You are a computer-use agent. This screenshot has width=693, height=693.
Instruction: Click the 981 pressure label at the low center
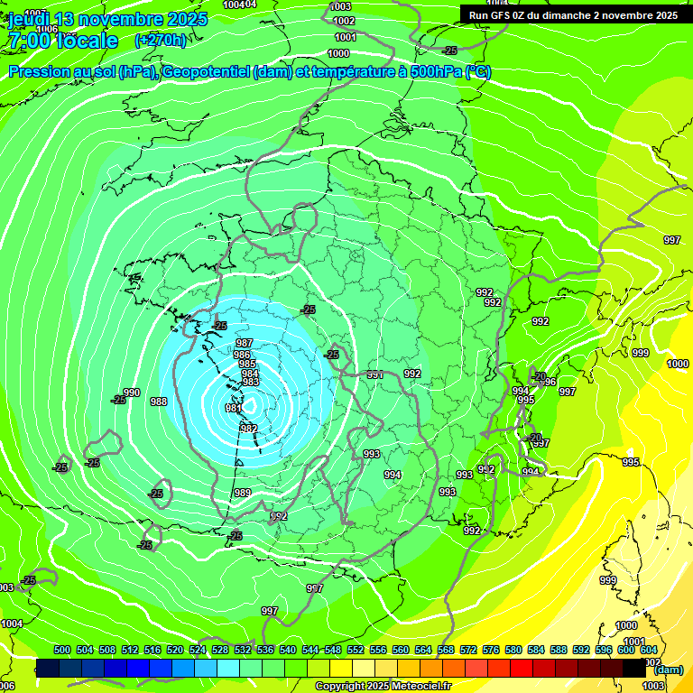click(x=232, y=409)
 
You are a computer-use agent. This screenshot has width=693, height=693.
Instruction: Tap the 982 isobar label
click(x=249, y=429)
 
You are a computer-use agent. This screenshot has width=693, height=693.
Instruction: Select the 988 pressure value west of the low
click(x=159, y=402)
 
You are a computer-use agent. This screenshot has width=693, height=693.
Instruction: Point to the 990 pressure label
click(x=132, y=393)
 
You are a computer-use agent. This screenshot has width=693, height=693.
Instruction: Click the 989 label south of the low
click(x=242, y=493)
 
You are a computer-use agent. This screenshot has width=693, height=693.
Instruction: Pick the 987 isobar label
click(x=244, y=344)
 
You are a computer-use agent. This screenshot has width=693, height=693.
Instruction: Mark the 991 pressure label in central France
click(x=374, y=374)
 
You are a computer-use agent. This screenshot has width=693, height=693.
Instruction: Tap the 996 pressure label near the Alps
click(x=549, y=383)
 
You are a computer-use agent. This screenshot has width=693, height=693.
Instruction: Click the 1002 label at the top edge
click(x=343, y=21)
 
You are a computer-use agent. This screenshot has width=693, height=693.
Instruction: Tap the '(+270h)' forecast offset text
click(x=160, y=41)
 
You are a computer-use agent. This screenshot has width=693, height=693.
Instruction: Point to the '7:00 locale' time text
click(x=63, y=42)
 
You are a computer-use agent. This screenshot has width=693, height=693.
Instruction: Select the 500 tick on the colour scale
click(x=62, y=650)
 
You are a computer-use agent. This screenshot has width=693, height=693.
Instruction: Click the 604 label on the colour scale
click(x=648, y=650)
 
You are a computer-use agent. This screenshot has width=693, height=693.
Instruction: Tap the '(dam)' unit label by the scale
click(x=669, y=669)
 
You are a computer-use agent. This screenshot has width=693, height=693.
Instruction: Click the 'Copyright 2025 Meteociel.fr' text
click(x=383, y=686)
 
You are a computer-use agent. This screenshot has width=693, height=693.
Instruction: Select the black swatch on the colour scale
click(x=634, y=668)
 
